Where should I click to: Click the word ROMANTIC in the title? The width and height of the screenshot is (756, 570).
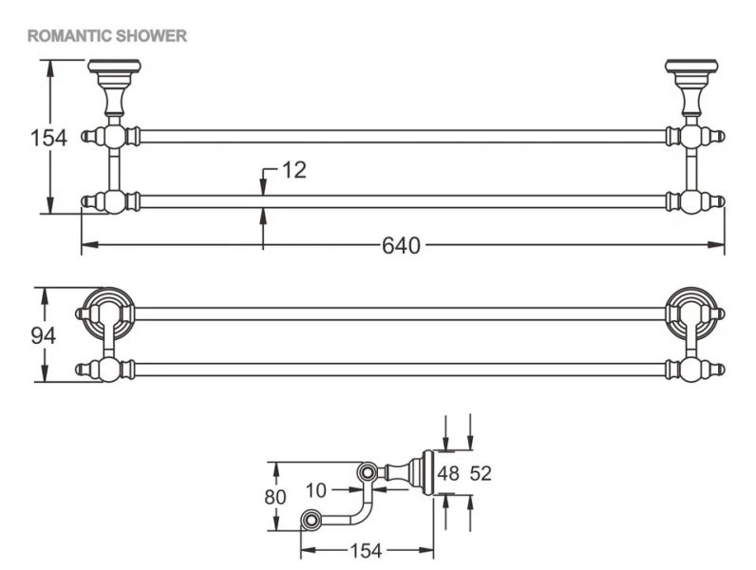pos(66,36)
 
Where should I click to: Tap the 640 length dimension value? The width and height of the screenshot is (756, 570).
pos(401,246)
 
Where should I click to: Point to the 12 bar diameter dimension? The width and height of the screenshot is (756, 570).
pos(294,171)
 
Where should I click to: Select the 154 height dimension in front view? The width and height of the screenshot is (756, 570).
pos(47,138)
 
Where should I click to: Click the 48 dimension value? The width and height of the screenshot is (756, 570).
pos(448,474)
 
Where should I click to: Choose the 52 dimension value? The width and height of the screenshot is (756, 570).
pos(481,474)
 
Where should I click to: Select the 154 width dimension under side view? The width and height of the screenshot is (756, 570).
pos(367,550)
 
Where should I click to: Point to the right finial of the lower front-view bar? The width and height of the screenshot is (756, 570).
pos(719,201)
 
